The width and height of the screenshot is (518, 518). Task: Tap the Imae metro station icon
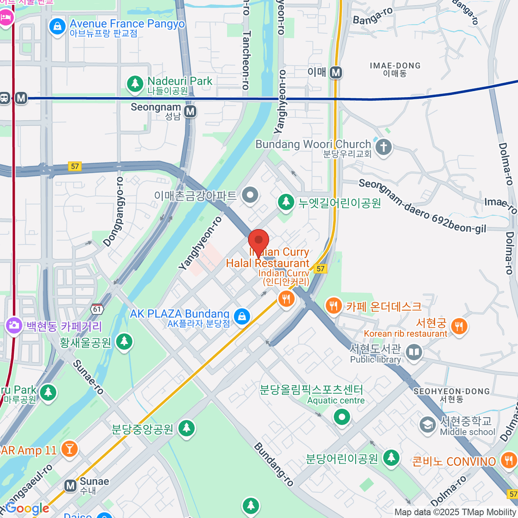[336, 73]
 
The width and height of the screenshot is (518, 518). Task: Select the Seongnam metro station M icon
[190, 112]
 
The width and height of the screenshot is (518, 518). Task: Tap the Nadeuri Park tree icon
[135, 84]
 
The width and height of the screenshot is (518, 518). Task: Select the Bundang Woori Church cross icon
[383, 147]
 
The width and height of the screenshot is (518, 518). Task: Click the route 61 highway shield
[97, 309]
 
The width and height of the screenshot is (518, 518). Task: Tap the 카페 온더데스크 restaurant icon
[333, 306]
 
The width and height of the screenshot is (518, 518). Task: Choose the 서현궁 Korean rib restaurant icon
[459, 326]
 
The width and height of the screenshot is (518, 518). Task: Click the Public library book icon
[414, 352]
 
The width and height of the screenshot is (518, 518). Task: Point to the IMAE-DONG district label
[395, 69]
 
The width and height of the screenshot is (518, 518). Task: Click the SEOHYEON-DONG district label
[452, 395]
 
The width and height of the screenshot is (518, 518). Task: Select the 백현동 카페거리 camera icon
[14, 325]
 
